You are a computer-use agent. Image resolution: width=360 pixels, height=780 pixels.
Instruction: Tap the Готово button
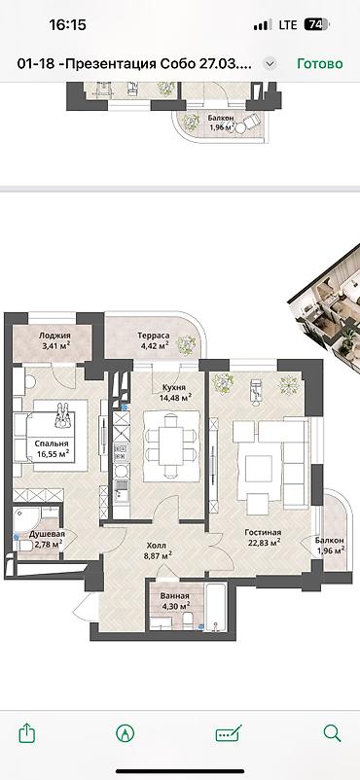(x=319, y=63)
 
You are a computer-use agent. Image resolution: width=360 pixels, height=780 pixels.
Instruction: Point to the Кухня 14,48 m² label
(x=168, y=391)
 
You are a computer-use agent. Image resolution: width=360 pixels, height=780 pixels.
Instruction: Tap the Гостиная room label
(x=261, y=537)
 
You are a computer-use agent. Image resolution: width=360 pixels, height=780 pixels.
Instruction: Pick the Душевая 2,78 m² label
(x=46, y=540)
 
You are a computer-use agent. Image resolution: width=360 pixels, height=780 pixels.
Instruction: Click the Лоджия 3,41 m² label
(x=55, y=338)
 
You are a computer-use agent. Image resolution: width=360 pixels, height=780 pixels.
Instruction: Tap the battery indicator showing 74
(x=315, y=25)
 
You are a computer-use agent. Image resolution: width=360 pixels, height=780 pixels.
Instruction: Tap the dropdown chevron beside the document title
(x=270, y=63)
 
